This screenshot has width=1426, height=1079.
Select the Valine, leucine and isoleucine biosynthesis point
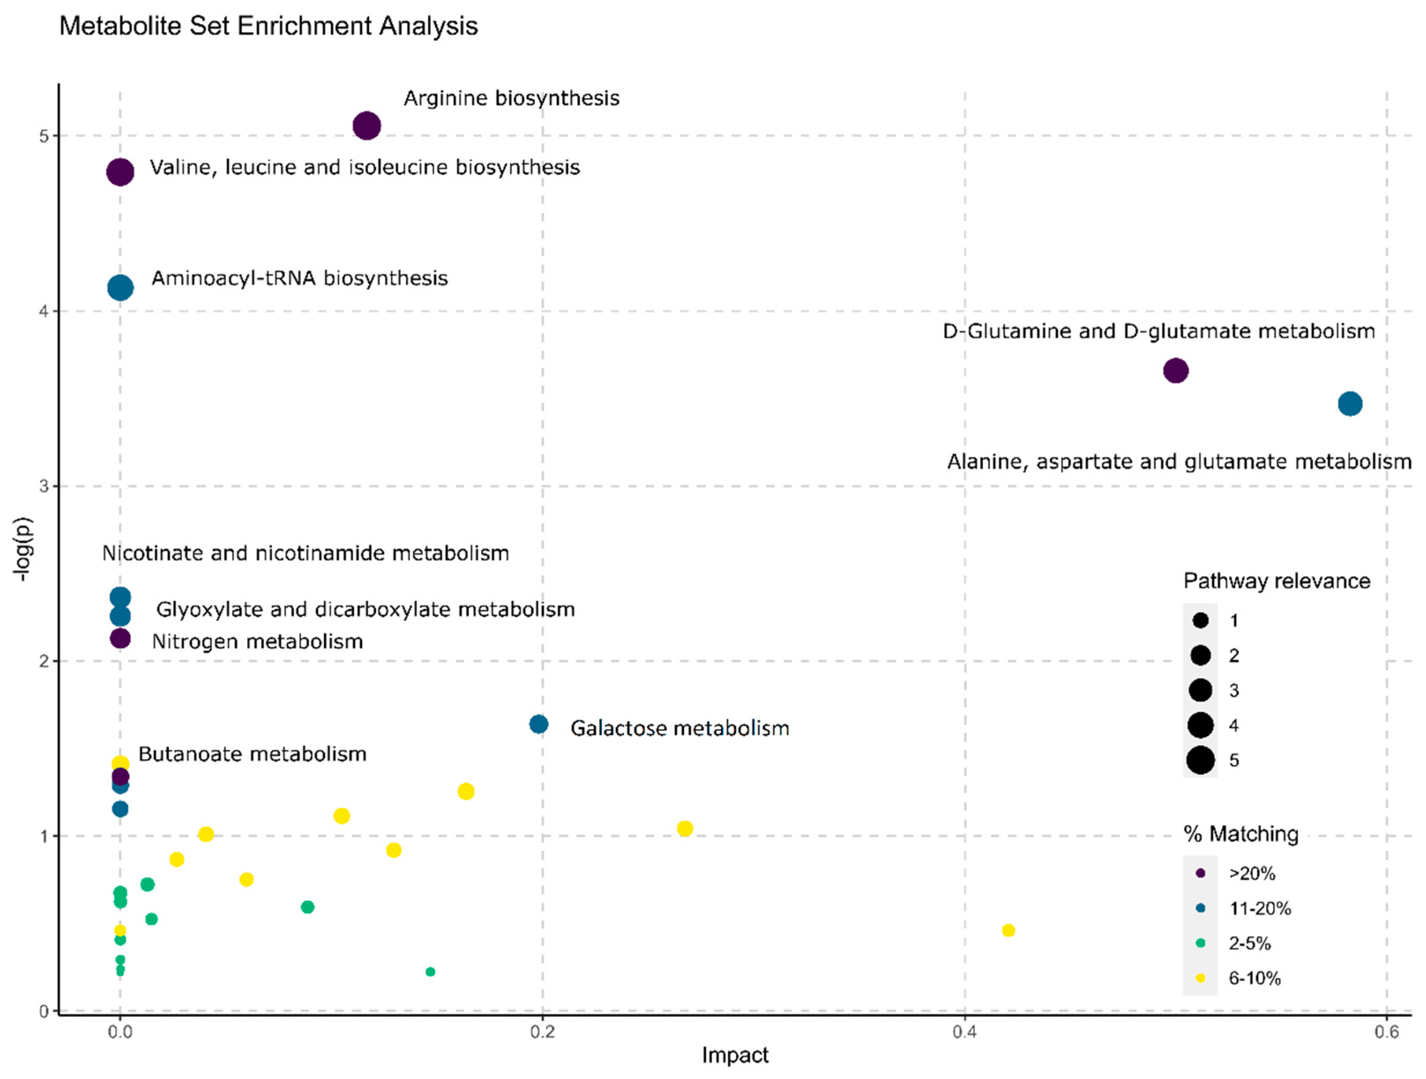tap(120, 172)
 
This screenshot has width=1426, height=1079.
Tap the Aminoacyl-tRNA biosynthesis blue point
tap(120, 287)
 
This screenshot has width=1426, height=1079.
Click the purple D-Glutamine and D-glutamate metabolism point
tap(1175, 371)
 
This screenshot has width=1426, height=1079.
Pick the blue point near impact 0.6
tap(1350, 404)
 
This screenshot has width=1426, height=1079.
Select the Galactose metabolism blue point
tap(539, 725)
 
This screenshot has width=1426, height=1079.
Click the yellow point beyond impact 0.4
tap(1008, 930)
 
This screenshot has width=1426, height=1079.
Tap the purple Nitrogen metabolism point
tap(120, 639)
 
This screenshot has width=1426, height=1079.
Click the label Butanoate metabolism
tap(252, 754)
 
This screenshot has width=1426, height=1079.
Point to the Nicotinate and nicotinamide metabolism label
tap(306, 553)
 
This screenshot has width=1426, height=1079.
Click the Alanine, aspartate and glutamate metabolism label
tap(1179, 461)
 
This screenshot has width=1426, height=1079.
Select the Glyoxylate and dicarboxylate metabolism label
tap(366, 609)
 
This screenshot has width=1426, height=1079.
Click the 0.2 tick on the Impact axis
tap(542, 1032)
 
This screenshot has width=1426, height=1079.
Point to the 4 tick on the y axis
tap(44, 311)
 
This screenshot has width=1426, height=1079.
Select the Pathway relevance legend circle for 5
tap(1200, 760)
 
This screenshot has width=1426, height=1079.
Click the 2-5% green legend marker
tap(1200, 943)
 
